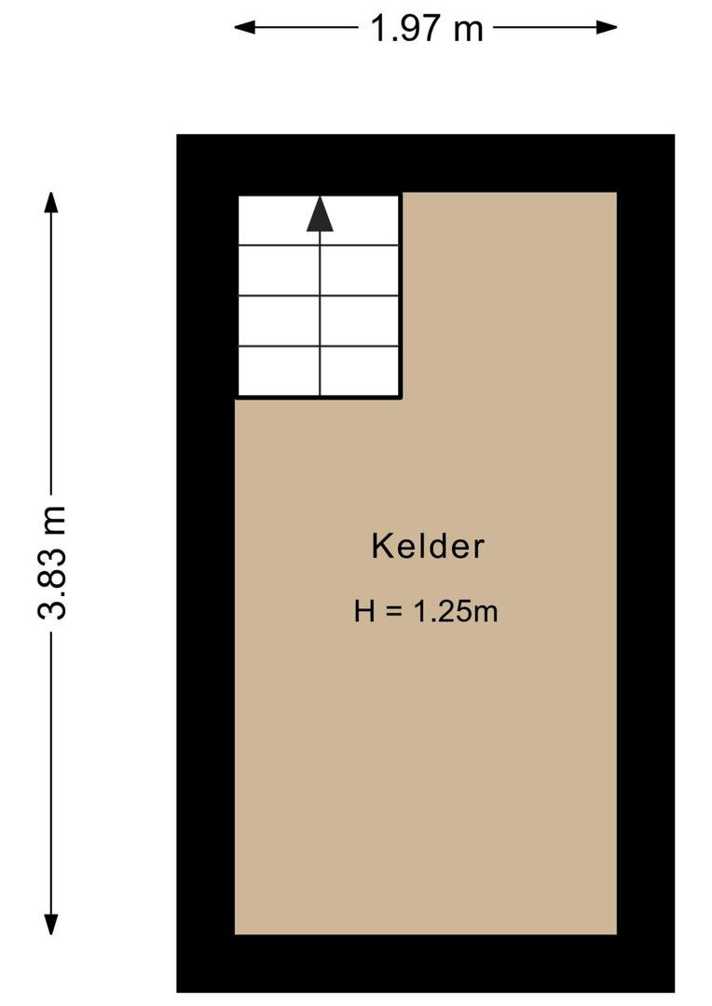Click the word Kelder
428,546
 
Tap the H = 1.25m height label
426,611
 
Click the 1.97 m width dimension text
427,28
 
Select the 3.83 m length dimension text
52,562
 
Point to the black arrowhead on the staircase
320,213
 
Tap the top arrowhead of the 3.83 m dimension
50,202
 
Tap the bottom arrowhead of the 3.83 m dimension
50,924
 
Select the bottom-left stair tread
279,371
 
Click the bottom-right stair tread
360,371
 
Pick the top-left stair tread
279,220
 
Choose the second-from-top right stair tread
360,270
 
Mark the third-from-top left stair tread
279,320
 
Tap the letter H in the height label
364,611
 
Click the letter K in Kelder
381,546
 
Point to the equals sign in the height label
393,612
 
